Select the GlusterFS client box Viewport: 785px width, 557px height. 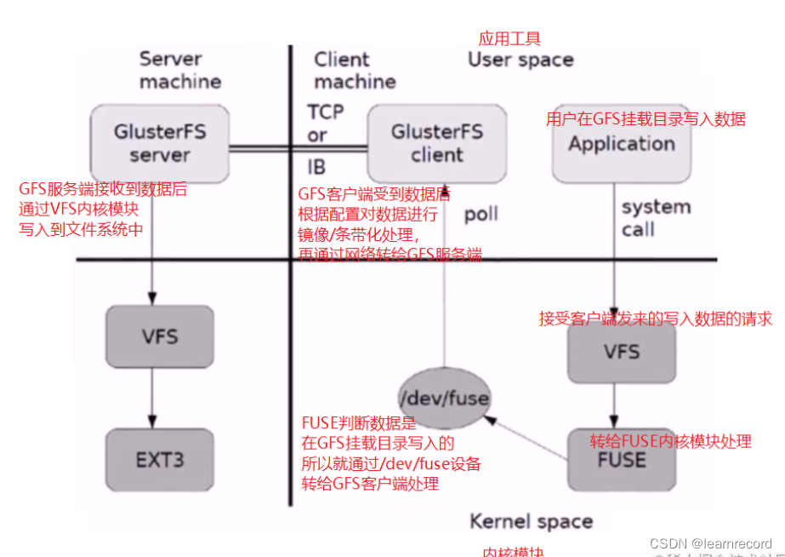(437, 143)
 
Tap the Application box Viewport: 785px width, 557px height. (621, 143)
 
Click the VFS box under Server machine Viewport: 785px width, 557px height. (160, 336)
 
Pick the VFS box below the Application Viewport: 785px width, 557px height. (621, 352)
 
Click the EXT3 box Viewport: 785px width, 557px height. (160, 460)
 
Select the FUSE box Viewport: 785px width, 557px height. (621, 460)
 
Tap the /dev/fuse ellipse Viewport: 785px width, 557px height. (444, 397)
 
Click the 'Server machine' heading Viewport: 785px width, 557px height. (180, 71)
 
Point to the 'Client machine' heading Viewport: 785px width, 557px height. (355, 71)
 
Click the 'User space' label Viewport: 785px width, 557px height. (520, 60)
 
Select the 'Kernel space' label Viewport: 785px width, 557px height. (532, 521)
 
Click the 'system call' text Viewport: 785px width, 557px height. (655, 218)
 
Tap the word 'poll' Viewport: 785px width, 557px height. (481, 215)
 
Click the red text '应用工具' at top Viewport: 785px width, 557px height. (509, 38)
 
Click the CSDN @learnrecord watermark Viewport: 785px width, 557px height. (710, 543)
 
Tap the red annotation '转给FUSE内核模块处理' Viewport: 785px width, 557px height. (671, 441)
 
